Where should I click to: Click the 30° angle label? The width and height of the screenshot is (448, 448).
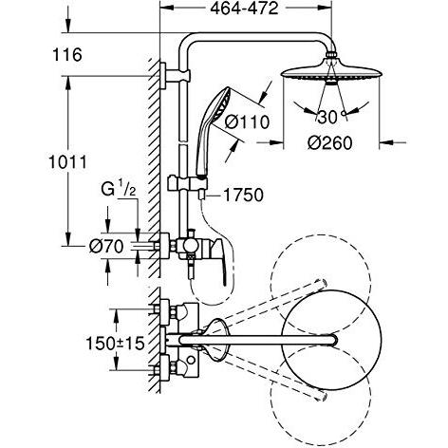pos(328,118)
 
